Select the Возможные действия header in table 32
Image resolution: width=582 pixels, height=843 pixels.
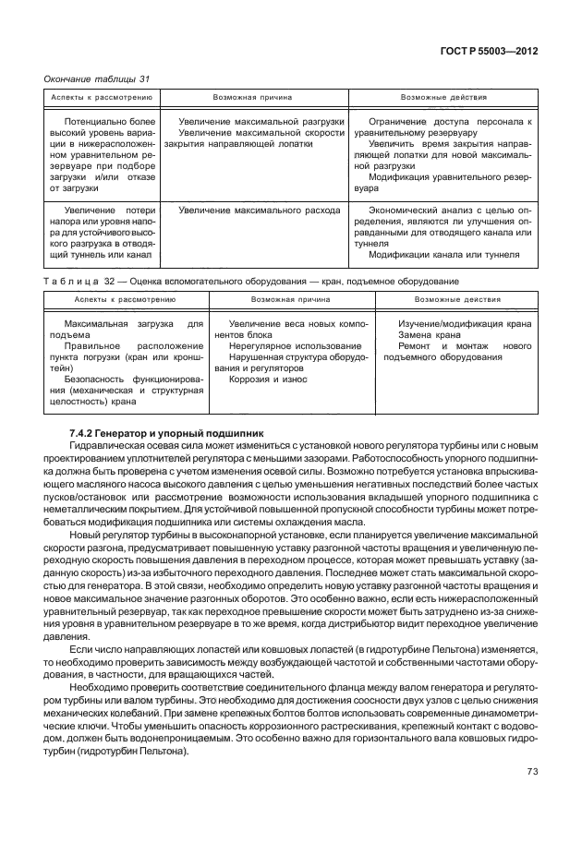457,300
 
